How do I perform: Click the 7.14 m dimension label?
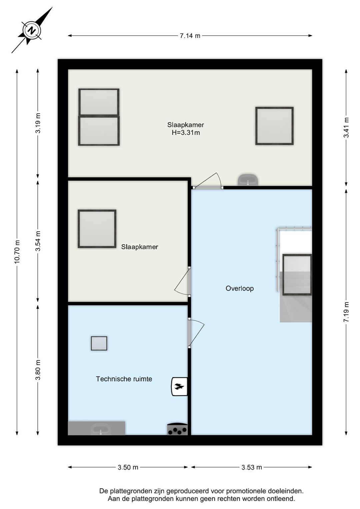190,36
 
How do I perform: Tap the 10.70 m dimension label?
17,251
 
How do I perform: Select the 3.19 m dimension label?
38,123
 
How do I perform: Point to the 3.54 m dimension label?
38,241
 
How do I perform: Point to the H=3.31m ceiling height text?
186,132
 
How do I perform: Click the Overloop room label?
240,289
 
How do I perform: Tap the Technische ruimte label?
124,379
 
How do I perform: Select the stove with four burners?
177,429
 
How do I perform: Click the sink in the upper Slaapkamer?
248,180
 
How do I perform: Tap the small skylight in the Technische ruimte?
99,343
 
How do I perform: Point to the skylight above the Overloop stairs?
297,275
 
